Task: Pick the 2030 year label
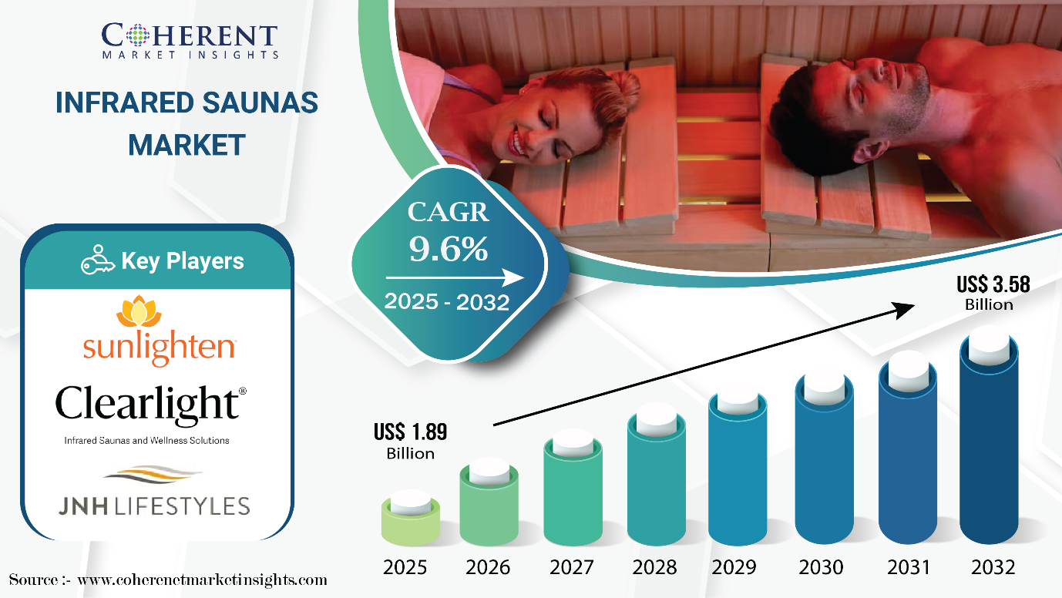[x=821, y=567]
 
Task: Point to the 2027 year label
[x=572, y=567]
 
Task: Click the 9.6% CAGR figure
[x=449, y=248]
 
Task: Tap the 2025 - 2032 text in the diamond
[x=446, y=301]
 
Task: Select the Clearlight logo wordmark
[x=151, y=404]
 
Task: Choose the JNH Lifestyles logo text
[x=154, y=506]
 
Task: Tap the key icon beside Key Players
[x=97, y=260]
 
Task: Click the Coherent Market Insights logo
[x=190, y=41]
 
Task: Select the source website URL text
[x=203, y=580]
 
